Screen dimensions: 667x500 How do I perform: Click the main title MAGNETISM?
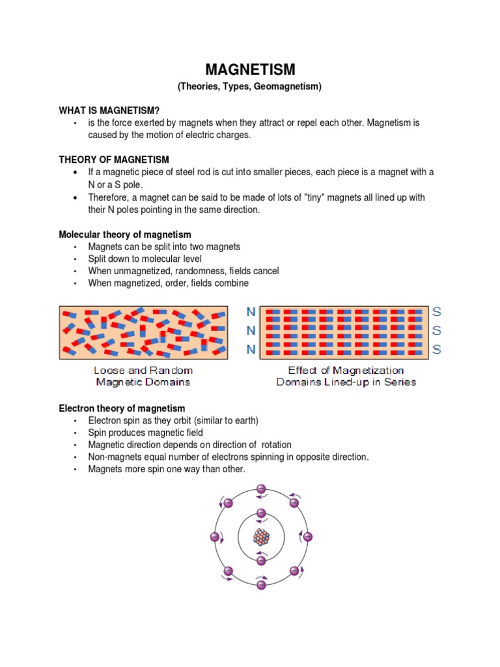coord(251,70)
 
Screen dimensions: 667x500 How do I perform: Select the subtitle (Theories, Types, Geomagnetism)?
coord(251,87)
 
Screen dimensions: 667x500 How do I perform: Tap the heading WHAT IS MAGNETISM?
coord(109,111)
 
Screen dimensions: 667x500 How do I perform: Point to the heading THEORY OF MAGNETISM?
coord(114,160)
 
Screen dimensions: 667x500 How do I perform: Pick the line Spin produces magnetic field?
coord(146,433)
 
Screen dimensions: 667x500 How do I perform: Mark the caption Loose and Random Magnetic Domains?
coord(143,376)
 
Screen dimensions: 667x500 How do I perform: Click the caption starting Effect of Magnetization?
coord(346,376)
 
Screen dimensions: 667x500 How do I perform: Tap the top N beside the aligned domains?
coord(251,312)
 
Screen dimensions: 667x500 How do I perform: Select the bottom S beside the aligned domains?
coord(436,350)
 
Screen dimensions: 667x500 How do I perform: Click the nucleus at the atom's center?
coord(261,537)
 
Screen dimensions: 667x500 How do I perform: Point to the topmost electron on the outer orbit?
coord(261,489)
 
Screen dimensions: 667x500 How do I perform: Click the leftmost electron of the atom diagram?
coord(214,537)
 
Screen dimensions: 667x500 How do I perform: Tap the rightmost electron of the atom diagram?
coord(308,537)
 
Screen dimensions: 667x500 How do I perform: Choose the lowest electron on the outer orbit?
coord(261,585)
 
